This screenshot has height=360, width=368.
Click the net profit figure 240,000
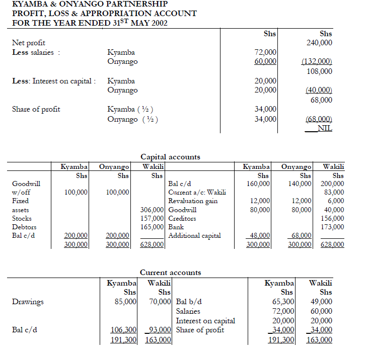coord(320,43)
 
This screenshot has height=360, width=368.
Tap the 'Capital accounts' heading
coord(170,157)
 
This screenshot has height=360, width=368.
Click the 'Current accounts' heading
coord(170,273)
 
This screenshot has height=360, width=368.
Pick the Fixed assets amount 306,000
coord(152,210)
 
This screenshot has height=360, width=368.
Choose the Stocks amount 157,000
coord(152,218)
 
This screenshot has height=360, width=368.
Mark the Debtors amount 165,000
coord(152,227)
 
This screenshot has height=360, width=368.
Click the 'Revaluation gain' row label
coord(192,201)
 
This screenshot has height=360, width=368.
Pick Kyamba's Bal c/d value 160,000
coord(258,184)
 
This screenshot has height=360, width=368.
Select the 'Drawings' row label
coord(28,302)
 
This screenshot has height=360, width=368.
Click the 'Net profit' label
coord(29,44)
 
